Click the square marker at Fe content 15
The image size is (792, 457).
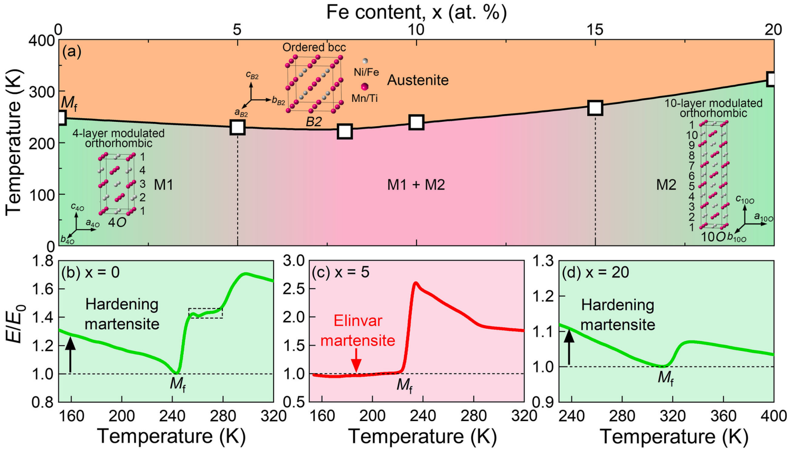pos(596,108)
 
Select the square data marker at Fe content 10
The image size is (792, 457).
pos(417,122)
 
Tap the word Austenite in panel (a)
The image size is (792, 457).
pos(418,80)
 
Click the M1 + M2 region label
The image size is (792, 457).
pos(416,185)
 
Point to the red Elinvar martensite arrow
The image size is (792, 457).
pos(356,360)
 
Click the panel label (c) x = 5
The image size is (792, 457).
pos(341,272)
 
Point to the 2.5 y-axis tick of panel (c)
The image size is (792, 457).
pos(295,289)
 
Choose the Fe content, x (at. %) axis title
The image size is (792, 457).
pos(416,12)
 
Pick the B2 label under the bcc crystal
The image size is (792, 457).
pos(314,122)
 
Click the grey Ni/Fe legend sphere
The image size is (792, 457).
pos(365,61)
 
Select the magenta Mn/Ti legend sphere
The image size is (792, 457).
pos(364,87)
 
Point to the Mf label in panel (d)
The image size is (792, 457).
pos(665,378)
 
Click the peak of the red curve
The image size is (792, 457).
pos(416,282)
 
